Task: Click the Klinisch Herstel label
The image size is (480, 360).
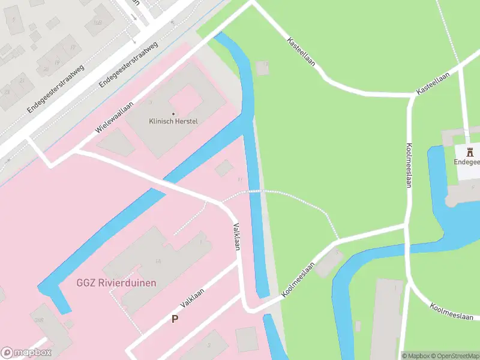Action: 173,121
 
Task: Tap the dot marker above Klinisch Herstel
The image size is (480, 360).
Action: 173,113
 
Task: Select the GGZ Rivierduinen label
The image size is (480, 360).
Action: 116,283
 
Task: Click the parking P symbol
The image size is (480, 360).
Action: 175,319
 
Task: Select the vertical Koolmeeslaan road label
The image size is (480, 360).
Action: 409,165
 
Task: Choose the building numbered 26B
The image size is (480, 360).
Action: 39,319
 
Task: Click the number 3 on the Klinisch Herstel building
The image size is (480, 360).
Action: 149,103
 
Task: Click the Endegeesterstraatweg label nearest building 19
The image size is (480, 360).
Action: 56,89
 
